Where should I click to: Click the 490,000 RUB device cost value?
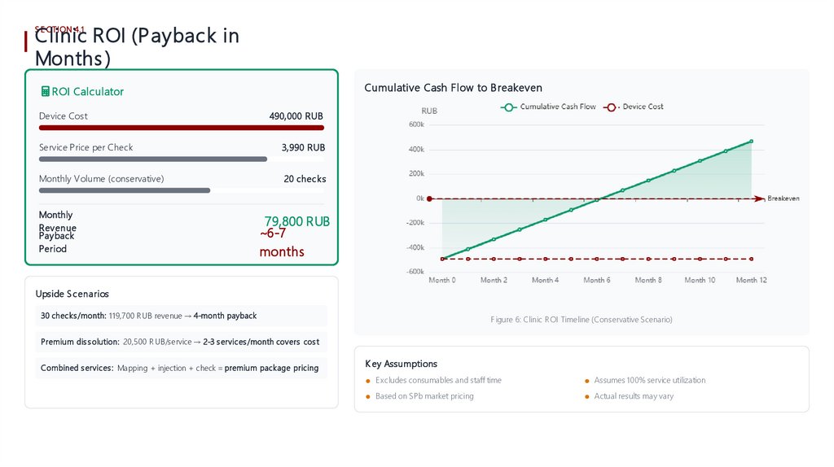coord(296,116)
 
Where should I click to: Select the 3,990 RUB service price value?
coord(303,147)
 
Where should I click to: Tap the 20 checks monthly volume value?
coord(305,179)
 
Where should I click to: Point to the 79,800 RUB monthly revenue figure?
coord(297,221)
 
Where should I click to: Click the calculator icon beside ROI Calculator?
coord(45,92)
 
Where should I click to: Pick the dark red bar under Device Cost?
coord(182,128)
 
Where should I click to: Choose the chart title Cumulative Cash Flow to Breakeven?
coord(453,88)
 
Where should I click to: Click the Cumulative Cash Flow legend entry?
coord(551,107)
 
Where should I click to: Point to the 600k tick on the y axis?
coord(415,124)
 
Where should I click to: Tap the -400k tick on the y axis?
coord(415,247)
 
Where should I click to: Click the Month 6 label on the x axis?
coord(596,280)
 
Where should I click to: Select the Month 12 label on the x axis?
coord(751,280)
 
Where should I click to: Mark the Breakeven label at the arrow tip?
coord(783,199)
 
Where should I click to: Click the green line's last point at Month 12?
coord(751,141)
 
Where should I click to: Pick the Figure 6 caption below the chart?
coord(581,320)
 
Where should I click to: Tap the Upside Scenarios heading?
coord(72,294)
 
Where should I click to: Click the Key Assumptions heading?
coord(401,364)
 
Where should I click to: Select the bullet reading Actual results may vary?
coord(634,396)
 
